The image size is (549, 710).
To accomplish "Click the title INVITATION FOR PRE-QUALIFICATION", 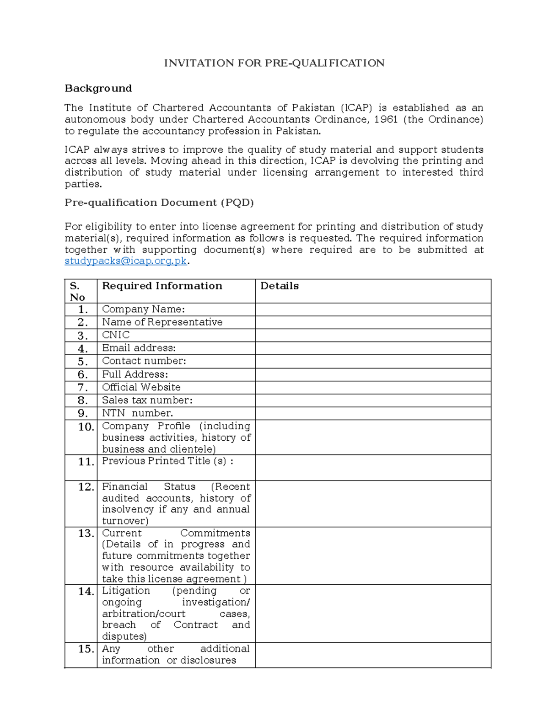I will pyautogui.click(x=274, y=63).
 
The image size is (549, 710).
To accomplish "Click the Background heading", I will pyautogui.click(x=98, y=88).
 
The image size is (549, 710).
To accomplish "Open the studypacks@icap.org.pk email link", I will pyautogui.click(x=126, y=261).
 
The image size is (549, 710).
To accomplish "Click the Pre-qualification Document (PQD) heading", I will pyautogui.click(x=159, y=203).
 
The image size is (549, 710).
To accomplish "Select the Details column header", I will pyautogui.click(x=279, y=286).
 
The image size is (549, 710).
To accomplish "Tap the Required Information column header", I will pyautogui.click(x=162, y=286).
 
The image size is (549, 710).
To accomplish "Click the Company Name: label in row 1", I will pyautogui.click(x=143, y=310).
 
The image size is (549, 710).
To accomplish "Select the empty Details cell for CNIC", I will pyautogui.click(x=372, y=336).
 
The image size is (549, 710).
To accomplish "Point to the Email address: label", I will pyautogui.click(x=139, y=348).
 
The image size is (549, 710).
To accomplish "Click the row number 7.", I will pyautogui.click(x=82, y=388).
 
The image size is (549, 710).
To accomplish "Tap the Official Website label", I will pyautogui.click(x=141, y=387).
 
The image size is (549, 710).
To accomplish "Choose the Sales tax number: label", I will pyautogui.click(x=147, y=400).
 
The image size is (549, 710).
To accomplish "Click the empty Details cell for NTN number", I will pyautogui.click(x=372, y=414).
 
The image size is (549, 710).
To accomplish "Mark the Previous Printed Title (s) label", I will pyautogui.click(x=167, y=461).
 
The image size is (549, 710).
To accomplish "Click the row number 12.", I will pyautogui.click(x=86, y=487).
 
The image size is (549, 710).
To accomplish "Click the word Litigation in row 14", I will pyautogui.click(x=126, y=591).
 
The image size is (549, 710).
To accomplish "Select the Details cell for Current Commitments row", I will pyautogui.click(x=372, y=555).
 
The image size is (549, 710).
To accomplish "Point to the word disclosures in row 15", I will pyautogui.click(x=208, y=661).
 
